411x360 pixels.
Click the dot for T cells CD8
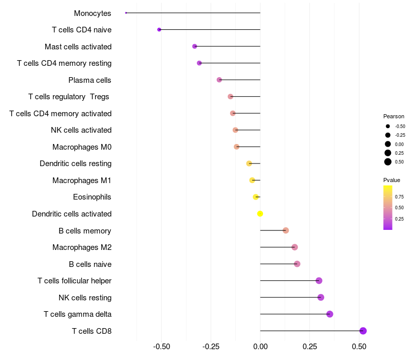(x=363, y=331)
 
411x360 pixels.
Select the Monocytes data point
(x=126, y=13)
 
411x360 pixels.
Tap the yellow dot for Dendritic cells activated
(x=260, y=213)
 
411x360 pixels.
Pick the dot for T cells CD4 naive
(x=159, y=29)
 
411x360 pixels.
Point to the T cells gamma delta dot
(x=329, y=314)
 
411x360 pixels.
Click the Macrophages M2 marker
(x=294, y=247)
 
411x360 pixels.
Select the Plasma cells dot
(x=219, y=80)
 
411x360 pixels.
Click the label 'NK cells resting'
(x=85, y=297)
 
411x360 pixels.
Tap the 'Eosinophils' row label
(x=92, y=197)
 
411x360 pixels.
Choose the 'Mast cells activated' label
(x=78, y=46)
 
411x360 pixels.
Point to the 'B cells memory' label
(x=85, y=230)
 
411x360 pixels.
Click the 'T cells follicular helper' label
(x=74, y=281)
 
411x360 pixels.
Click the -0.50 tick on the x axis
(x=161, y=347)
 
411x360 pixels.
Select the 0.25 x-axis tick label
(x=309, y=347)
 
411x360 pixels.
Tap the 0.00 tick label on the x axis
(x=260, y=347)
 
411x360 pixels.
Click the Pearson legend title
(x=394, y=116)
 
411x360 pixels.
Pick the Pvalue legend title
(x=391, y=180)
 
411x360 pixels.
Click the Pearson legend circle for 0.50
(x=388, y=162)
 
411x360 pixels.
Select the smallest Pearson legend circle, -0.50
(x=388, y=126)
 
